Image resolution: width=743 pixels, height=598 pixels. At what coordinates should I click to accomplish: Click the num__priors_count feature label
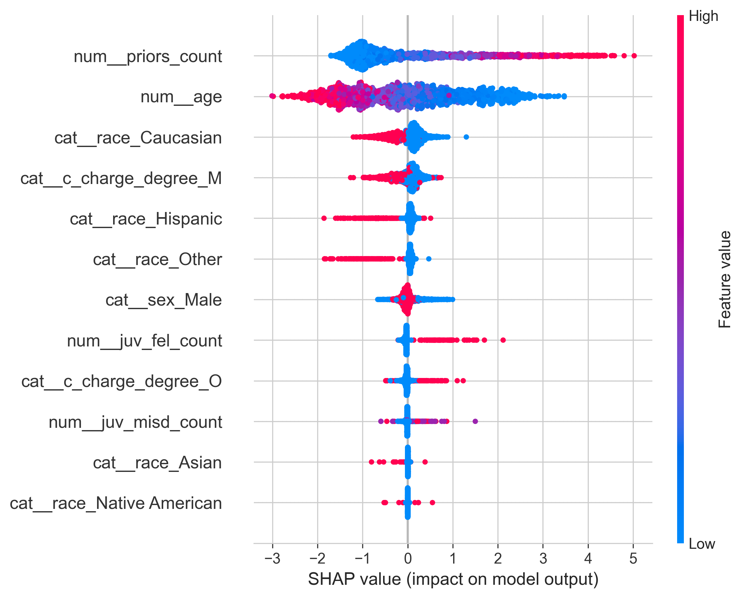[148, 57]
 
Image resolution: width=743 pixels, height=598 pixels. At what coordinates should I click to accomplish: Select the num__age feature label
[181, 97]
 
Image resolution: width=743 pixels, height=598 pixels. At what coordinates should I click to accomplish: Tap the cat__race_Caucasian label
[138, 138]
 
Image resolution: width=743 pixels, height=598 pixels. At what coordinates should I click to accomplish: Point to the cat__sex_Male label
[164, 300]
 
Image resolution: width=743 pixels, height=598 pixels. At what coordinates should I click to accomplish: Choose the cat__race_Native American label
[116, 503]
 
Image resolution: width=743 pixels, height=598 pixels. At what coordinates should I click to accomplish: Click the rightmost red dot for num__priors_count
[634, 56]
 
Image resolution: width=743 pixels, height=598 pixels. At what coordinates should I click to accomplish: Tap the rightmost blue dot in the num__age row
[564, 96]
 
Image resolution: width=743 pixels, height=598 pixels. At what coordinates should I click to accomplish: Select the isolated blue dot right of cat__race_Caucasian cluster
[466, 137]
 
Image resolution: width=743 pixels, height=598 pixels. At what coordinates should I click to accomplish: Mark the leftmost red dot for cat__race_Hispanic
[324, 218]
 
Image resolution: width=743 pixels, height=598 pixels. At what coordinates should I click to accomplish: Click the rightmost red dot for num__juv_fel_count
[503, 340]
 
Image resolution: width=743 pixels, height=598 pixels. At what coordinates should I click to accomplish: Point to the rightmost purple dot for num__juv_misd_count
[475, 421]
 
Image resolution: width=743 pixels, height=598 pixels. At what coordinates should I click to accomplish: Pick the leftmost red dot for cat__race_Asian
[371, 462]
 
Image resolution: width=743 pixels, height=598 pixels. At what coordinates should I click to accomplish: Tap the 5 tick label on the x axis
[633, 558]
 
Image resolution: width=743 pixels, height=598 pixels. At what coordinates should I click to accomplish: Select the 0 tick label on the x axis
[408, 558]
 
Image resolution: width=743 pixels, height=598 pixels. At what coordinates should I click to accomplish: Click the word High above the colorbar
[703, 16]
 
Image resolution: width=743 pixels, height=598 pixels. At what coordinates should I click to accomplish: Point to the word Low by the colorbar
[702, 544]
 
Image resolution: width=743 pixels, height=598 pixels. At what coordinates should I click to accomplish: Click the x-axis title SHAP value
[453, 579]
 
